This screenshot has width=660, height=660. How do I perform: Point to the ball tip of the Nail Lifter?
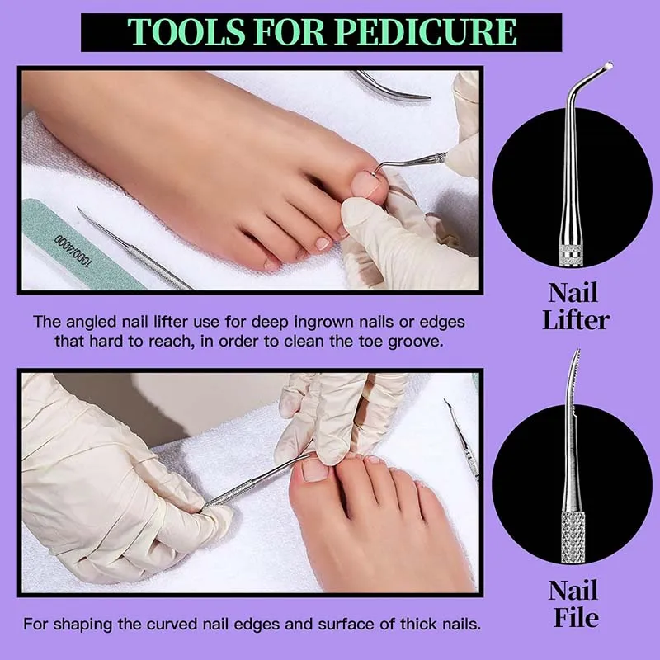[609, 66]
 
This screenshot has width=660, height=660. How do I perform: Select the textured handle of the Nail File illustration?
[572, 536]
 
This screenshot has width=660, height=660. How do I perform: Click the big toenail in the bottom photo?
[316, 469]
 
